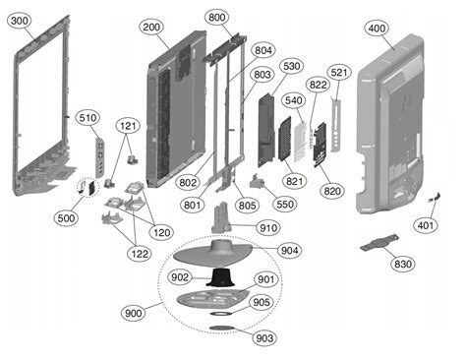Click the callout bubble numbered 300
pos(20,21)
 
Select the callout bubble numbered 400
pos(377,29)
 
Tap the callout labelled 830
pos(403,264)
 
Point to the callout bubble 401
pos(426,225)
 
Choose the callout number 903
pos(264,337)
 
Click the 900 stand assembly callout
pos(134,313)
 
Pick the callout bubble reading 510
pos(87,118)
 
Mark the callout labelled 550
pos(285,205)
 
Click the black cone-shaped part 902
pos(220,277)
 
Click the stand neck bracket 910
pos(222,217)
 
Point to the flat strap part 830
pos(379,243)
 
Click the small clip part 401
pos(435,198)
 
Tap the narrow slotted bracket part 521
pos(335,125)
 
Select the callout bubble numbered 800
pos(216,17)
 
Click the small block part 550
pos(258,182)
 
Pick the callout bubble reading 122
pos(140,253)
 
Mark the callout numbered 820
pos(332,191)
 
